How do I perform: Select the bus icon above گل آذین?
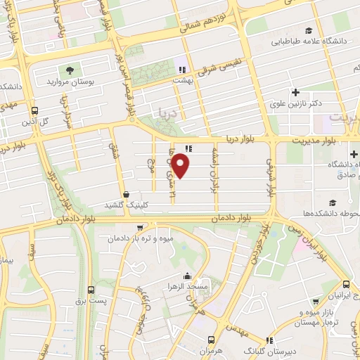pos(34,110)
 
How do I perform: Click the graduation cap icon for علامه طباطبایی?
pos(308,30)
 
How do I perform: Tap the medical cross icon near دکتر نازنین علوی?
pos(295,92)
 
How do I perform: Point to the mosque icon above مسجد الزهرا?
pos(188,276)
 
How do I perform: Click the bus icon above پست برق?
pos(91,290)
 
